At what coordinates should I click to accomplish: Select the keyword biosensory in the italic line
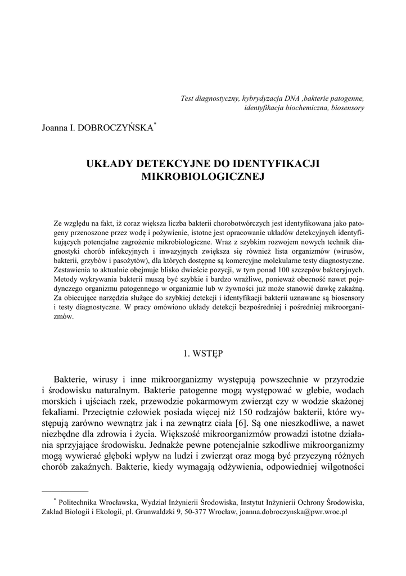coord(348,107)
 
